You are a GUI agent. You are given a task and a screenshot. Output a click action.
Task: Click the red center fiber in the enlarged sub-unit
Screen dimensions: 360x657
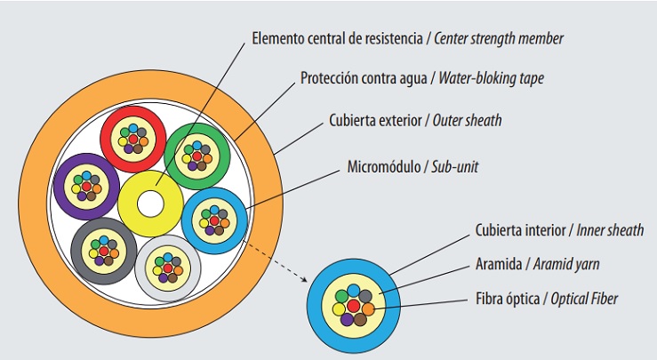(x=354, y=306)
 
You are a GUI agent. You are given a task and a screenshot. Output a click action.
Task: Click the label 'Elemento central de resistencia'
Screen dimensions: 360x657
(x=339, y=39)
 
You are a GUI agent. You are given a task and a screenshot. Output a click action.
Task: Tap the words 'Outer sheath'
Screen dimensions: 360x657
(x=467, y=120)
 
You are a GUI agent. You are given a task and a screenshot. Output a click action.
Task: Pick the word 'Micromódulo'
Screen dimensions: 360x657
(x=381, y=167)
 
